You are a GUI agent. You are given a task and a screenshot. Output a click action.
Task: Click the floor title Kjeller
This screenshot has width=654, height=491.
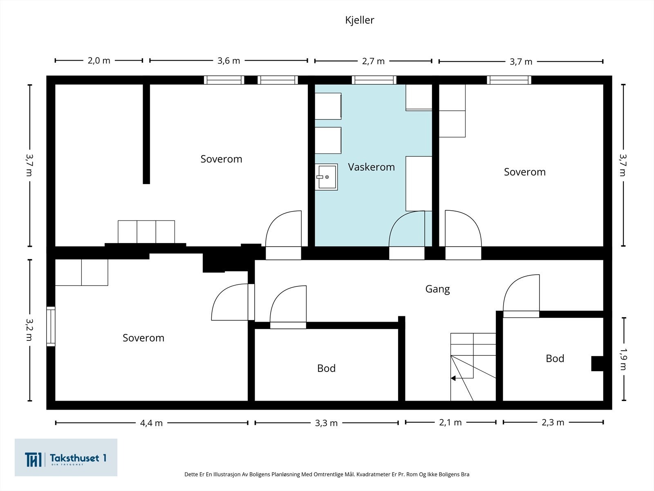pyautogui.click(x=359, y=20)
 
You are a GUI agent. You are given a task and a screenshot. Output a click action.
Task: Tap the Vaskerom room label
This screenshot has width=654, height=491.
pyautogui.click(x=371, y=167)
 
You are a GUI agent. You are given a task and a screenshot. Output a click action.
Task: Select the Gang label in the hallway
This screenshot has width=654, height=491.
pyautogui.click(x=437, y=289)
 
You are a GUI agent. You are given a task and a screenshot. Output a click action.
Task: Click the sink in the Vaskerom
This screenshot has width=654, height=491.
pyautogui.click(x=327, y=177)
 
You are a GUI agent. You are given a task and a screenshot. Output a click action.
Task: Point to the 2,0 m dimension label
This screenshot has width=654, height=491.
pyautogui.click(x=99, y=61)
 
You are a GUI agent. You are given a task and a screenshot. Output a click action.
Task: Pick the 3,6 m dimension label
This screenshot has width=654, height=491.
pyautogui.click(x=228, y=61)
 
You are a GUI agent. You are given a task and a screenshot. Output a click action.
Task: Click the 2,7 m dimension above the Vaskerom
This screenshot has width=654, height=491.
pyautogui.click(x=373, y=61)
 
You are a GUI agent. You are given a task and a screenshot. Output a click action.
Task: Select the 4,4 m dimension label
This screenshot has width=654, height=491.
pyautogui.click(x=151, y=423)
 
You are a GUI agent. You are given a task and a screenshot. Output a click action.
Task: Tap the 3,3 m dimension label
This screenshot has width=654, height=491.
pyautogui.click(x=326, y=423)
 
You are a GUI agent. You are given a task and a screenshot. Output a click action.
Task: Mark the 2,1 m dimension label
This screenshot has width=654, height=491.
pyautogui.click(x=450, y=422)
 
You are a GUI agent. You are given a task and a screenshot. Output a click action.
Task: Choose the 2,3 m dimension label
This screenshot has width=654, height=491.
pyautogui.click(x=553, y=422)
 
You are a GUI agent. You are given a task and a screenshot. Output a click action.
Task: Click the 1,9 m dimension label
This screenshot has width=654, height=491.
pyautogui.click(x=623, y=359)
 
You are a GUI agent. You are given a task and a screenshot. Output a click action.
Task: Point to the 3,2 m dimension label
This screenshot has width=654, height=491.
pyautogui.click(x=29, y=330)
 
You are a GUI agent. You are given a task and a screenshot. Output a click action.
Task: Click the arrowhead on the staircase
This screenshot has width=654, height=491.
pyautogui.click(x=453, y=378)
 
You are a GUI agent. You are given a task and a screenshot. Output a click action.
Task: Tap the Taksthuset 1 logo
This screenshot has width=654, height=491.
pyautogui.click(x=66, y=457)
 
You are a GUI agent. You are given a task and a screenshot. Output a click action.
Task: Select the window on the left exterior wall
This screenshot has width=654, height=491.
pyautogui.click(x=51, y=327)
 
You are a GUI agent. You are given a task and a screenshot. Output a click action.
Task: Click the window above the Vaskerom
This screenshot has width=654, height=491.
pyautogui.click(x=374, y=80)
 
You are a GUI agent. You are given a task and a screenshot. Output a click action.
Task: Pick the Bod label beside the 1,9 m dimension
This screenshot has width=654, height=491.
pyautogui.click(x=555, y=359)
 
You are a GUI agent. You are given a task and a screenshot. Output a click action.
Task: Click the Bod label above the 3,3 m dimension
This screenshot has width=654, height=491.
pyautogui.click(x=326, y=369)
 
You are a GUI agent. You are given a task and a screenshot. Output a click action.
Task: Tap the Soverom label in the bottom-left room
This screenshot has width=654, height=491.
pyautogui.click(x=143, y=338)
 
